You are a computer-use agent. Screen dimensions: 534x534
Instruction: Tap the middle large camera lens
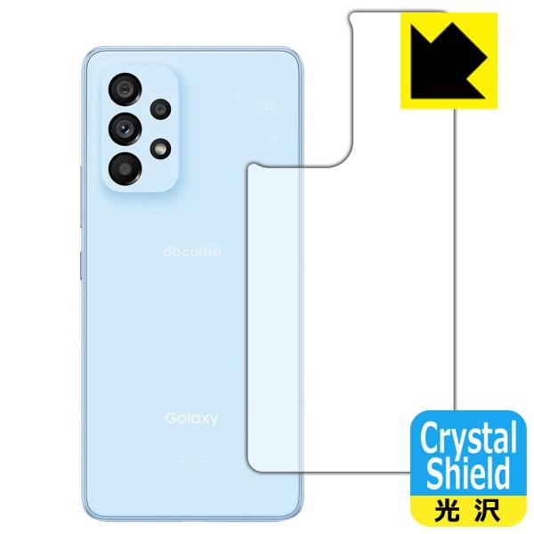124,129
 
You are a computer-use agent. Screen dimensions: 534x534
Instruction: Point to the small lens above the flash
159,109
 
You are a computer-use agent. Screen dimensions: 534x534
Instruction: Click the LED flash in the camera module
160,147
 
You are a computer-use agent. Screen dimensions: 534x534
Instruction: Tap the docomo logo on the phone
190,252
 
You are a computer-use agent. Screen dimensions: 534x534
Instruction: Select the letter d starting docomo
166,252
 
